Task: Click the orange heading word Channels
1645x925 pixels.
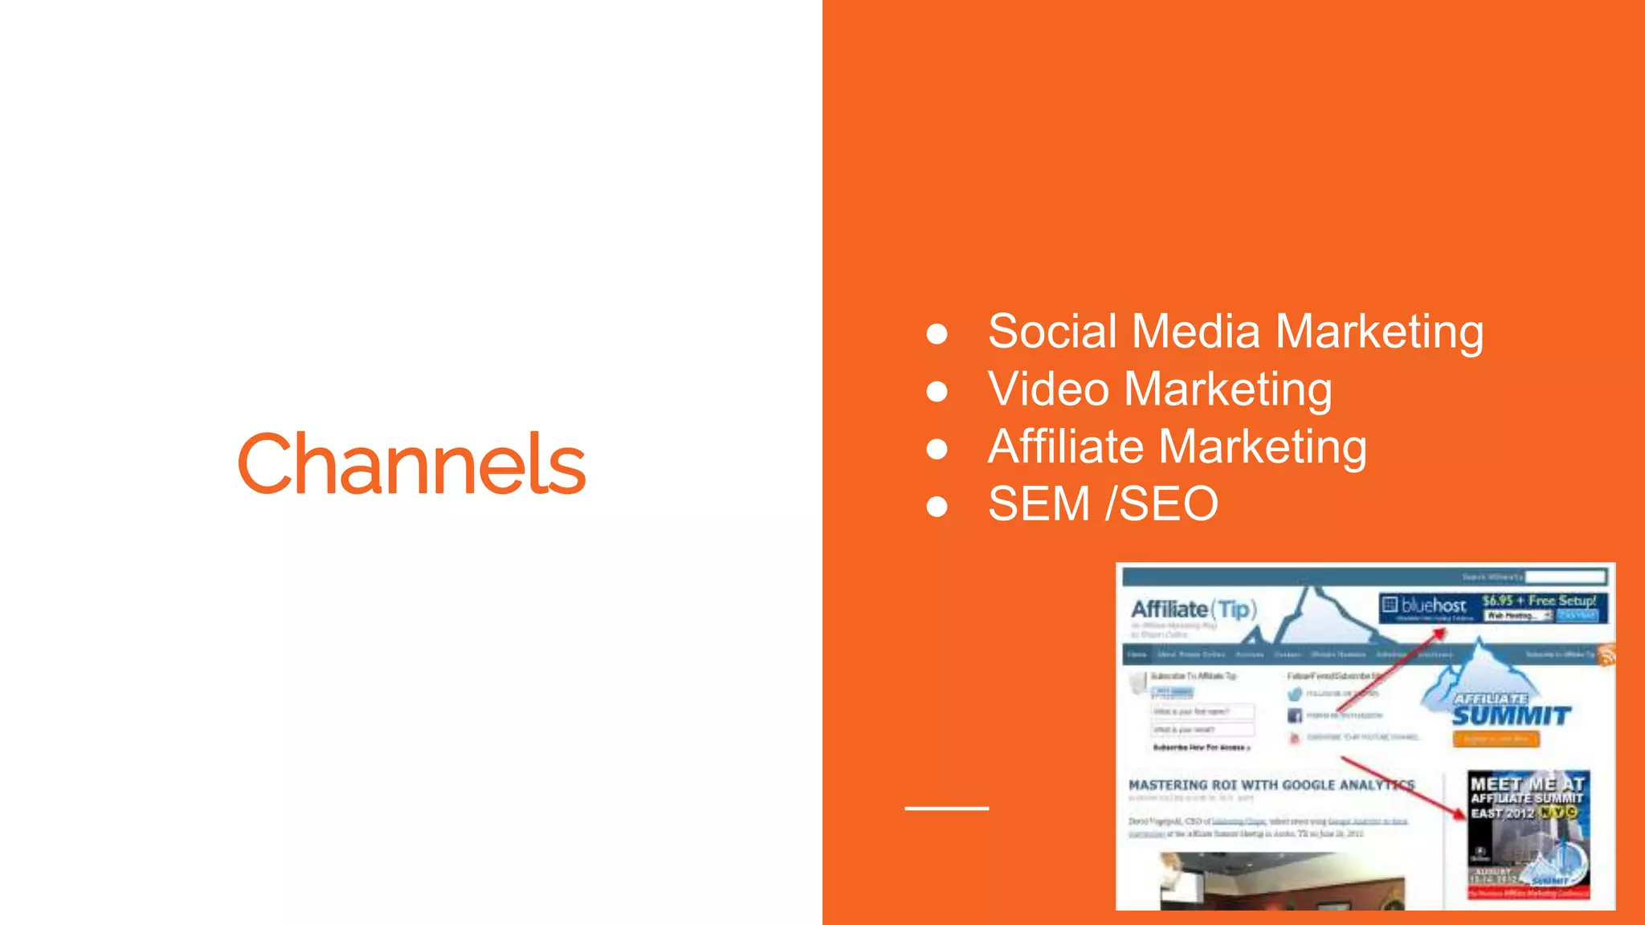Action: coord(411,464)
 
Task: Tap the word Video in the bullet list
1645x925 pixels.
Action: coord(1048,389)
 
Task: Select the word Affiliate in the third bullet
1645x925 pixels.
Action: coord(1065,446)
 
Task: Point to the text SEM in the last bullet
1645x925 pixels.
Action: coord(1039,504)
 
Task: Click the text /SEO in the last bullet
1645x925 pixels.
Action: coord(1161,504)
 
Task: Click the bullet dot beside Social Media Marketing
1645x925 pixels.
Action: coord(937,333)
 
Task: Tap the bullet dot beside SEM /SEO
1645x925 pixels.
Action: coord(937,507)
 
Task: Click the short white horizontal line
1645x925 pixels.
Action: coord(946,808)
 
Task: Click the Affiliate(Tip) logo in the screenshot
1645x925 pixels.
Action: coord(1194,609)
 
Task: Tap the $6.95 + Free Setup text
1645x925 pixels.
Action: coord(1538,601)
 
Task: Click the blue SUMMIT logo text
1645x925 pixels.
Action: coord(1511,715)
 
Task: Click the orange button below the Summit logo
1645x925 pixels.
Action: coord(1496,739)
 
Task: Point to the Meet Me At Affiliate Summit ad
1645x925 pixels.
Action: coord(1528,835)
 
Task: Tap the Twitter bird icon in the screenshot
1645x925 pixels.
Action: coord(1295,695)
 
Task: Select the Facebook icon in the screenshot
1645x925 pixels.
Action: coord(1295,715)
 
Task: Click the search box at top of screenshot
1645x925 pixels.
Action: coord(1565,577)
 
